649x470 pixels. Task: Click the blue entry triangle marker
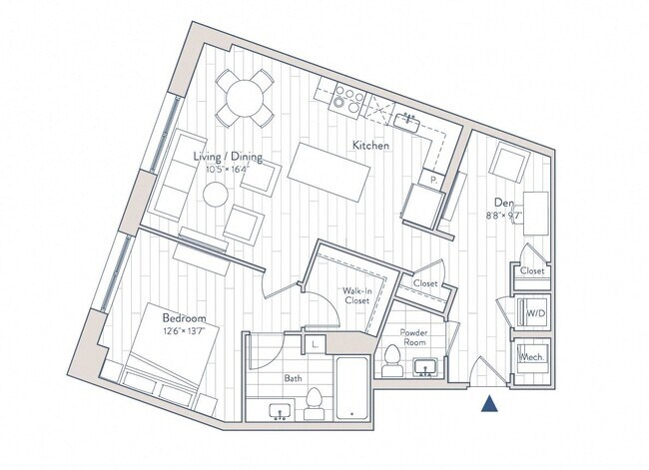point(490,404)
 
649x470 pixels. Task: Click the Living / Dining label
point(228,156)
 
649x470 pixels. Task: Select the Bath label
point(293,378)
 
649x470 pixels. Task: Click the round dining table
point(246,96)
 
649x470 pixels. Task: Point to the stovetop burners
point(350,97)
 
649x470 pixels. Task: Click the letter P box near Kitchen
point(434,181)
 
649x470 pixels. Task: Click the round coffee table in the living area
point(217,195)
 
